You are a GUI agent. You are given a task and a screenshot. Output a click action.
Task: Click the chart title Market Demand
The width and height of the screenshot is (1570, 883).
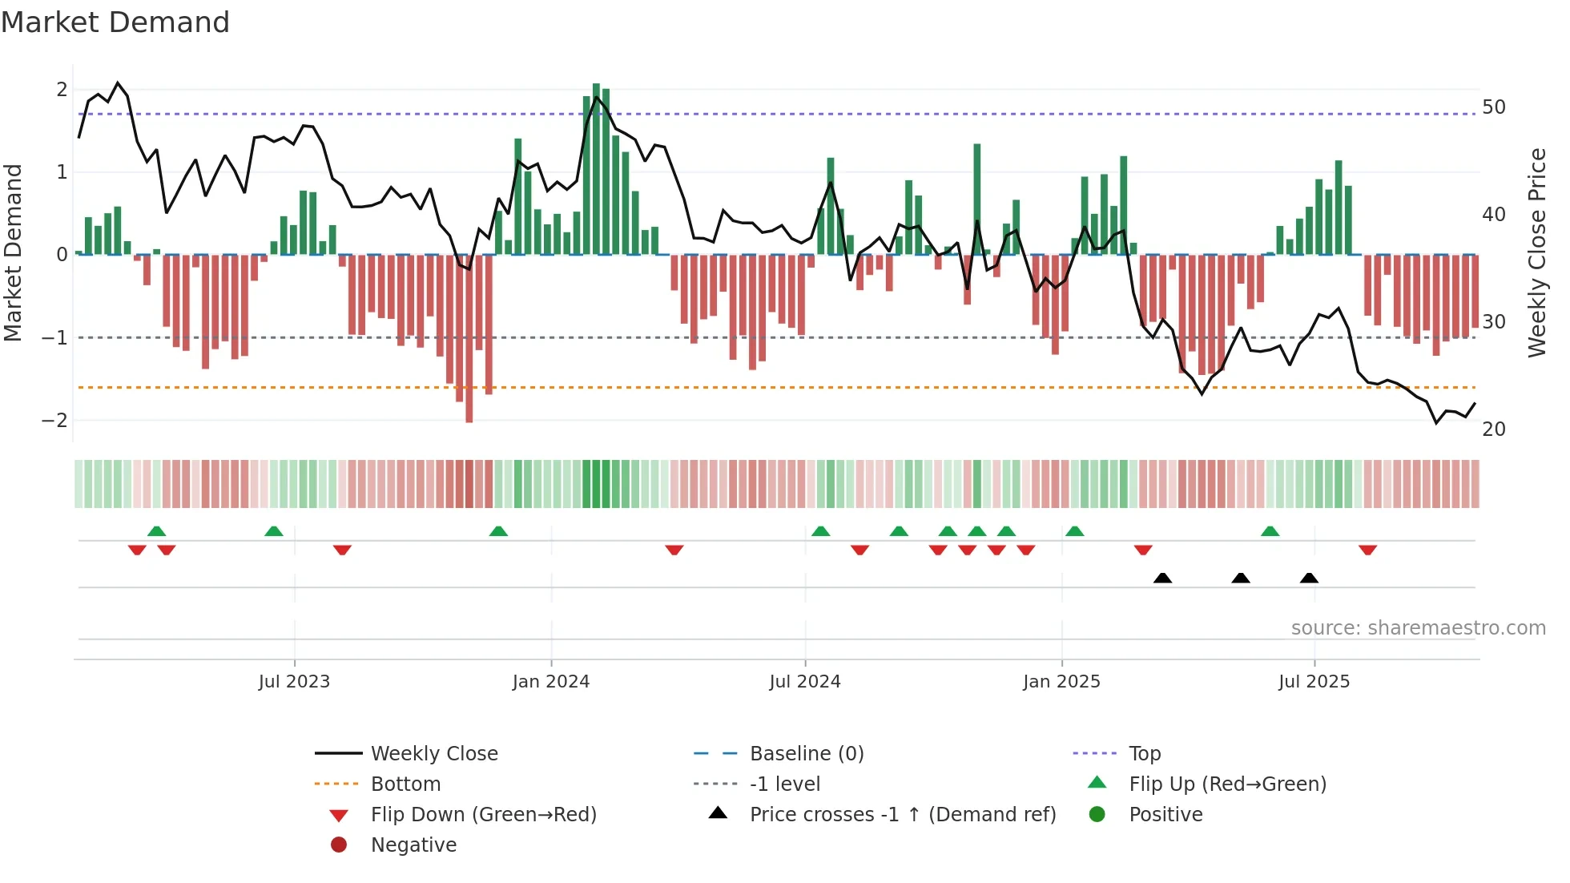click(115, 22)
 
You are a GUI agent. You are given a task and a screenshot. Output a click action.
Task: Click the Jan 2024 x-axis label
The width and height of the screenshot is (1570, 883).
click(551, 682)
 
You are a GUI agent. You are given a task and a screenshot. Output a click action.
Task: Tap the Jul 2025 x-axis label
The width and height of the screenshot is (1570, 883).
click(1314, 682)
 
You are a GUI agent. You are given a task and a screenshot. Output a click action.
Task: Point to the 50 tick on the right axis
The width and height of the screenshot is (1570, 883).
click(1494, 107)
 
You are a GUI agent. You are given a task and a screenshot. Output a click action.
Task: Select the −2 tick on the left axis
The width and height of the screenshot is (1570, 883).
click(54, 421)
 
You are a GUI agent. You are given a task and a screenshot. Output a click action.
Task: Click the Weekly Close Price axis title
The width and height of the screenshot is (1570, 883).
click(1536, 252)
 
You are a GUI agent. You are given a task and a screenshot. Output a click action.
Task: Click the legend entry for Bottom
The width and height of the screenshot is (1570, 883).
click(405, 784)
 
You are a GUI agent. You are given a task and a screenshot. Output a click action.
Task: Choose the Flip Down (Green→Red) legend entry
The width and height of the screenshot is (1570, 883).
click(483, 814)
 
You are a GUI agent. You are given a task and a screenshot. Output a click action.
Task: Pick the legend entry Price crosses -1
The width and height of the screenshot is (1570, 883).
click(902, 814)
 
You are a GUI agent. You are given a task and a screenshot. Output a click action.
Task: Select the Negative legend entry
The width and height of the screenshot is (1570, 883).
click(413, 845)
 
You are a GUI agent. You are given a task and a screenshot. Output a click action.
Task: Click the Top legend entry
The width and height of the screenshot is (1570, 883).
click(1145, 753)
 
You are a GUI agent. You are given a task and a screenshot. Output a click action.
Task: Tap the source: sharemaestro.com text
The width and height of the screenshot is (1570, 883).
click(1418, 628)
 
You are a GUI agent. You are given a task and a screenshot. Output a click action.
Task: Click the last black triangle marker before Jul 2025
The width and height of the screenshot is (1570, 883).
click(1309, 578)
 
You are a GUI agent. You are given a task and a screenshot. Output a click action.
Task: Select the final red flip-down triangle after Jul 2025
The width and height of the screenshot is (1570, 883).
click(1367, 550)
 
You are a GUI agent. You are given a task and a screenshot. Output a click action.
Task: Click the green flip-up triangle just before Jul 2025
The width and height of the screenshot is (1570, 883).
click(1270, 531)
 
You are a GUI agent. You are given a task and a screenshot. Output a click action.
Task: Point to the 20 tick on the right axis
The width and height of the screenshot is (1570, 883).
click(1494, 429)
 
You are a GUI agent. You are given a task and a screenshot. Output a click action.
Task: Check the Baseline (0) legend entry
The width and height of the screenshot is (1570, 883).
click(806, 753)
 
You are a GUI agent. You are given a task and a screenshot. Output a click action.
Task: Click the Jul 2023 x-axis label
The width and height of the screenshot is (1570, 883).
click(294, 682)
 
